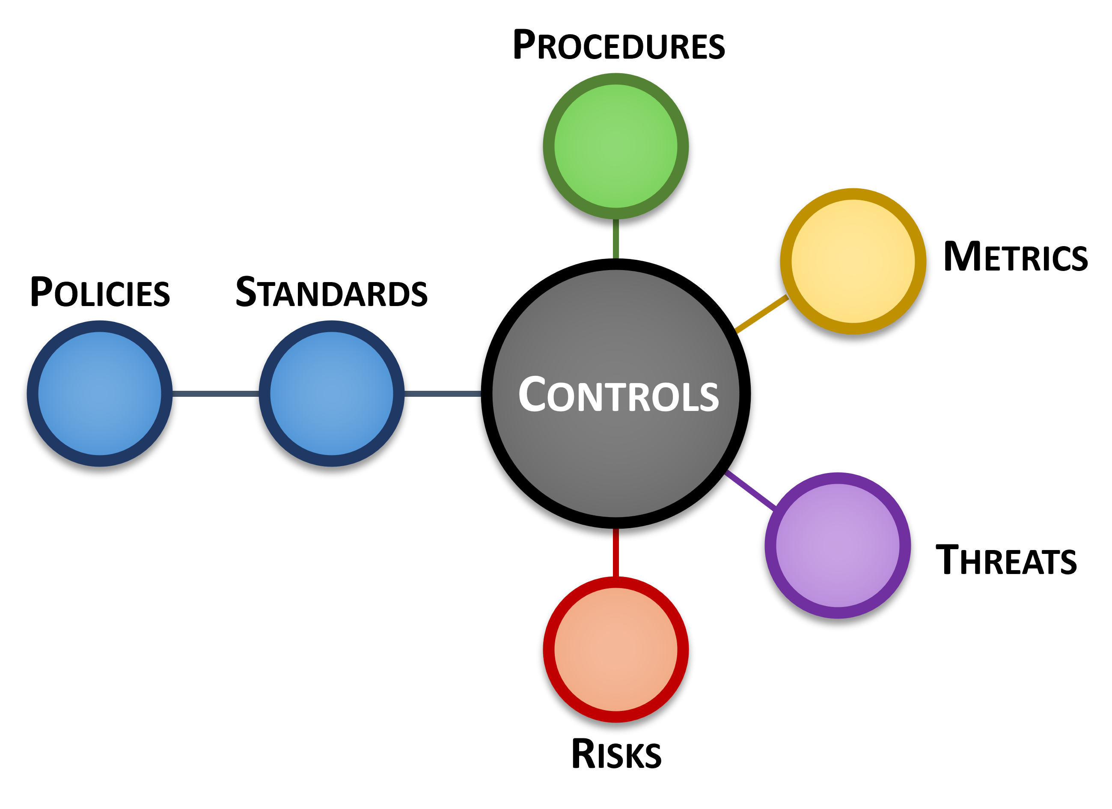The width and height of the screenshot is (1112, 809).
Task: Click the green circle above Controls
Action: click(616, 146)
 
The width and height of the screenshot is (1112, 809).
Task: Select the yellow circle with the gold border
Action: click(853, 262)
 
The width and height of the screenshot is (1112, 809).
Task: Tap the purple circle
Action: click(838, 545)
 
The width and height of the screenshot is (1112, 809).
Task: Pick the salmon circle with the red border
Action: click(616, 649)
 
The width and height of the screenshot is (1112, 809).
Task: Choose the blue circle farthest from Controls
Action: click(100, 393)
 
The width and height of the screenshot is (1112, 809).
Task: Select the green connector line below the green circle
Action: click(616, 239)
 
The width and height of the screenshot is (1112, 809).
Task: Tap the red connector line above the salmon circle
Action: click(616, 553)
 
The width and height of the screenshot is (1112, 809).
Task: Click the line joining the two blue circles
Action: click(216, 394)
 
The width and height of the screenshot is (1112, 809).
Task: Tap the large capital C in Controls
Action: click(532, 393)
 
